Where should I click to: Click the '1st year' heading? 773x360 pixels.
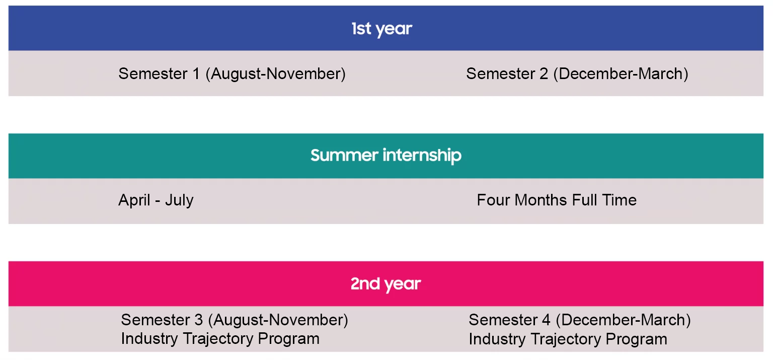tap(381, 29)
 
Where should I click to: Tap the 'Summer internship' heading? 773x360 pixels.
tap(386, 155)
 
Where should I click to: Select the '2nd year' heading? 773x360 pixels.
tap(386, 284)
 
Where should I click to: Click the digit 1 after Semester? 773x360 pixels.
tap(196, 74)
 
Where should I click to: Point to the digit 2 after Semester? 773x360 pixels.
tap(544, 74)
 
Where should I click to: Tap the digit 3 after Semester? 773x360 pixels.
tap(198, 320)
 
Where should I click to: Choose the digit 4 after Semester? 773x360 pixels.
tap(546, 320)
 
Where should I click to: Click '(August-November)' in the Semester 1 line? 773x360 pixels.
tap(276, 74)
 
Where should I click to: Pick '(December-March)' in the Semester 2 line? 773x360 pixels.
tap(621, 74)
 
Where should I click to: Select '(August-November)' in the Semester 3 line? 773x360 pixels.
tap(278, 320)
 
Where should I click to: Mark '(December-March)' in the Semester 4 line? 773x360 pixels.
tap(623, 320)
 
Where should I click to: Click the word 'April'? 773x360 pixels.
tap(134, 200)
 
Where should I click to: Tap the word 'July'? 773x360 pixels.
tap(180, 200)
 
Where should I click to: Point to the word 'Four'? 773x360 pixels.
tap(493, 200)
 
